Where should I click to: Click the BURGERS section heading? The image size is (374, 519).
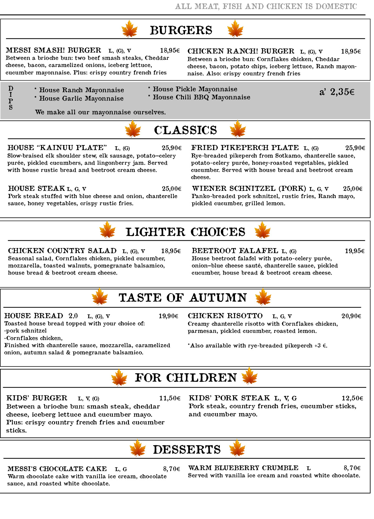[181, 31]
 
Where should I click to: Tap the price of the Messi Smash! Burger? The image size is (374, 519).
[170, 50]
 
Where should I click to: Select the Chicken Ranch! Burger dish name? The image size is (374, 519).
[241, 51]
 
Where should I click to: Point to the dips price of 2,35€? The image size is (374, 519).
[337, 92]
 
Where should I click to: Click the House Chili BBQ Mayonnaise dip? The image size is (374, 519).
[201, 97]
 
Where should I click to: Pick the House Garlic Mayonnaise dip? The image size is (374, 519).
[81, 99]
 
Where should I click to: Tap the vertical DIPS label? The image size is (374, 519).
[11, 98]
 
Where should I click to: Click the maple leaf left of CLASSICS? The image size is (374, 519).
[133, 129]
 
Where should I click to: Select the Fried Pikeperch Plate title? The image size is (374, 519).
[245, 148]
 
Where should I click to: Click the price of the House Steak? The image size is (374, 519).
[171, 189]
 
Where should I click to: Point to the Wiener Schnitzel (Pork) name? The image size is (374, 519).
[249, 189]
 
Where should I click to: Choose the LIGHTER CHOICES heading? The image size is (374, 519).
[185, 232]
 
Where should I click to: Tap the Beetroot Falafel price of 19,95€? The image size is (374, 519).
[354, 251]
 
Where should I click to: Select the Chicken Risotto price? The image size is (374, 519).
[351, 316]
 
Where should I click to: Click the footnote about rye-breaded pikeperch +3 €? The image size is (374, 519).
[257, 346]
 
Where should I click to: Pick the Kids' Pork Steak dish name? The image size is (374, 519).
[229, 398]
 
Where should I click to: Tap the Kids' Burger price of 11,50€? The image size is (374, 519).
[170, 398]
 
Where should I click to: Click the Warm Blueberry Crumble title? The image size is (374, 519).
[243, 468]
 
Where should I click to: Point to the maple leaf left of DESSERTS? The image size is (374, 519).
[137, 448]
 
